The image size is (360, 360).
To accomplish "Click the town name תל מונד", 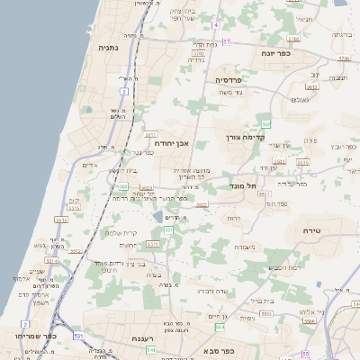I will pyautogui.click(x=257, y=185).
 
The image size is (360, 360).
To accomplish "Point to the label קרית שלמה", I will pyautogui.click(x=119, y=233).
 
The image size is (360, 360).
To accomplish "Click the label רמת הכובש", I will pyautogui.click(x=282, y=267).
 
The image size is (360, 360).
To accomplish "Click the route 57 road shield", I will pyautogui.click(x=227, y=41).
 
